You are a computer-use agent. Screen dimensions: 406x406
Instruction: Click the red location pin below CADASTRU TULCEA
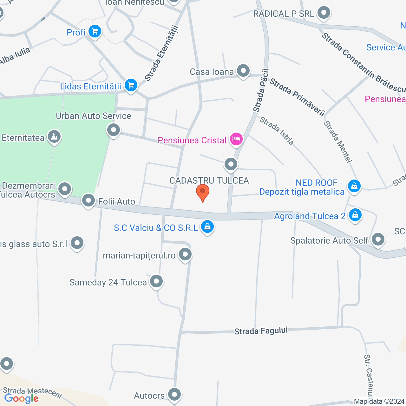click(x=203, y=192)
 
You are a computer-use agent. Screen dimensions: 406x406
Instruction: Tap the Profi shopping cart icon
click(x=95, y=31)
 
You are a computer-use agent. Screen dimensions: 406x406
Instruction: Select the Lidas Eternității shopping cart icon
click(x=131, y=85)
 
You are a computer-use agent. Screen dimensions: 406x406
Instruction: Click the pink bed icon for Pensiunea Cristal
click(x=236, y=139)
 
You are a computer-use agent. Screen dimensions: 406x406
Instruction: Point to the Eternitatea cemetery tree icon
click(x=54, y=137)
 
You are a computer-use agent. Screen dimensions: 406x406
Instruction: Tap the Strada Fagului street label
click(x=261, y=331)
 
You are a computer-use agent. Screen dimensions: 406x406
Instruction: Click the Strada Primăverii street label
click(x=297, y=97)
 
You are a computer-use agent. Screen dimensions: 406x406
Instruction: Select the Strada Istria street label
click(x=277, y=131)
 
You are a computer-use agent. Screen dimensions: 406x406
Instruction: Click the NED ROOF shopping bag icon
click(x=354, y=186)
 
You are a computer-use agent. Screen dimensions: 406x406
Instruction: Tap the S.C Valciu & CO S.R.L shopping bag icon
click(x=207, y=226)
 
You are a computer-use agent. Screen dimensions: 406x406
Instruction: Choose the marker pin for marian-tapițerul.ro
click(x=185, y=254)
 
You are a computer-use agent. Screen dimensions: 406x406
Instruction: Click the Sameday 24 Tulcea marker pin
click(x=156, y=281)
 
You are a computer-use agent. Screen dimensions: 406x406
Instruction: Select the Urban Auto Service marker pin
click(x=113, y=130)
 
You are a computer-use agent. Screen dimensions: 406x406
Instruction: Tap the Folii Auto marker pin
click(x=88, y=200)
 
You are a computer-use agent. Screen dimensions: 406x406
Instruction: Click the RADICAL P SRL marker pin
click(x=324, y=13)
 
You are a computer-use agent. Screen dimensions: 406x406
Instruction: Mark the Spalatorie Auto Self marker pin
click(x=378, y=239)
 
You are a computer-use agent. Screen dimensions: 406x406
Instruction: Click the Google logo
click(x=22, y=398)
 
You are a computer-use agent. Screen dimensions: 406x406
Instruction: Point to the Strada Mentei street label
click(x=337, y=141)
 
